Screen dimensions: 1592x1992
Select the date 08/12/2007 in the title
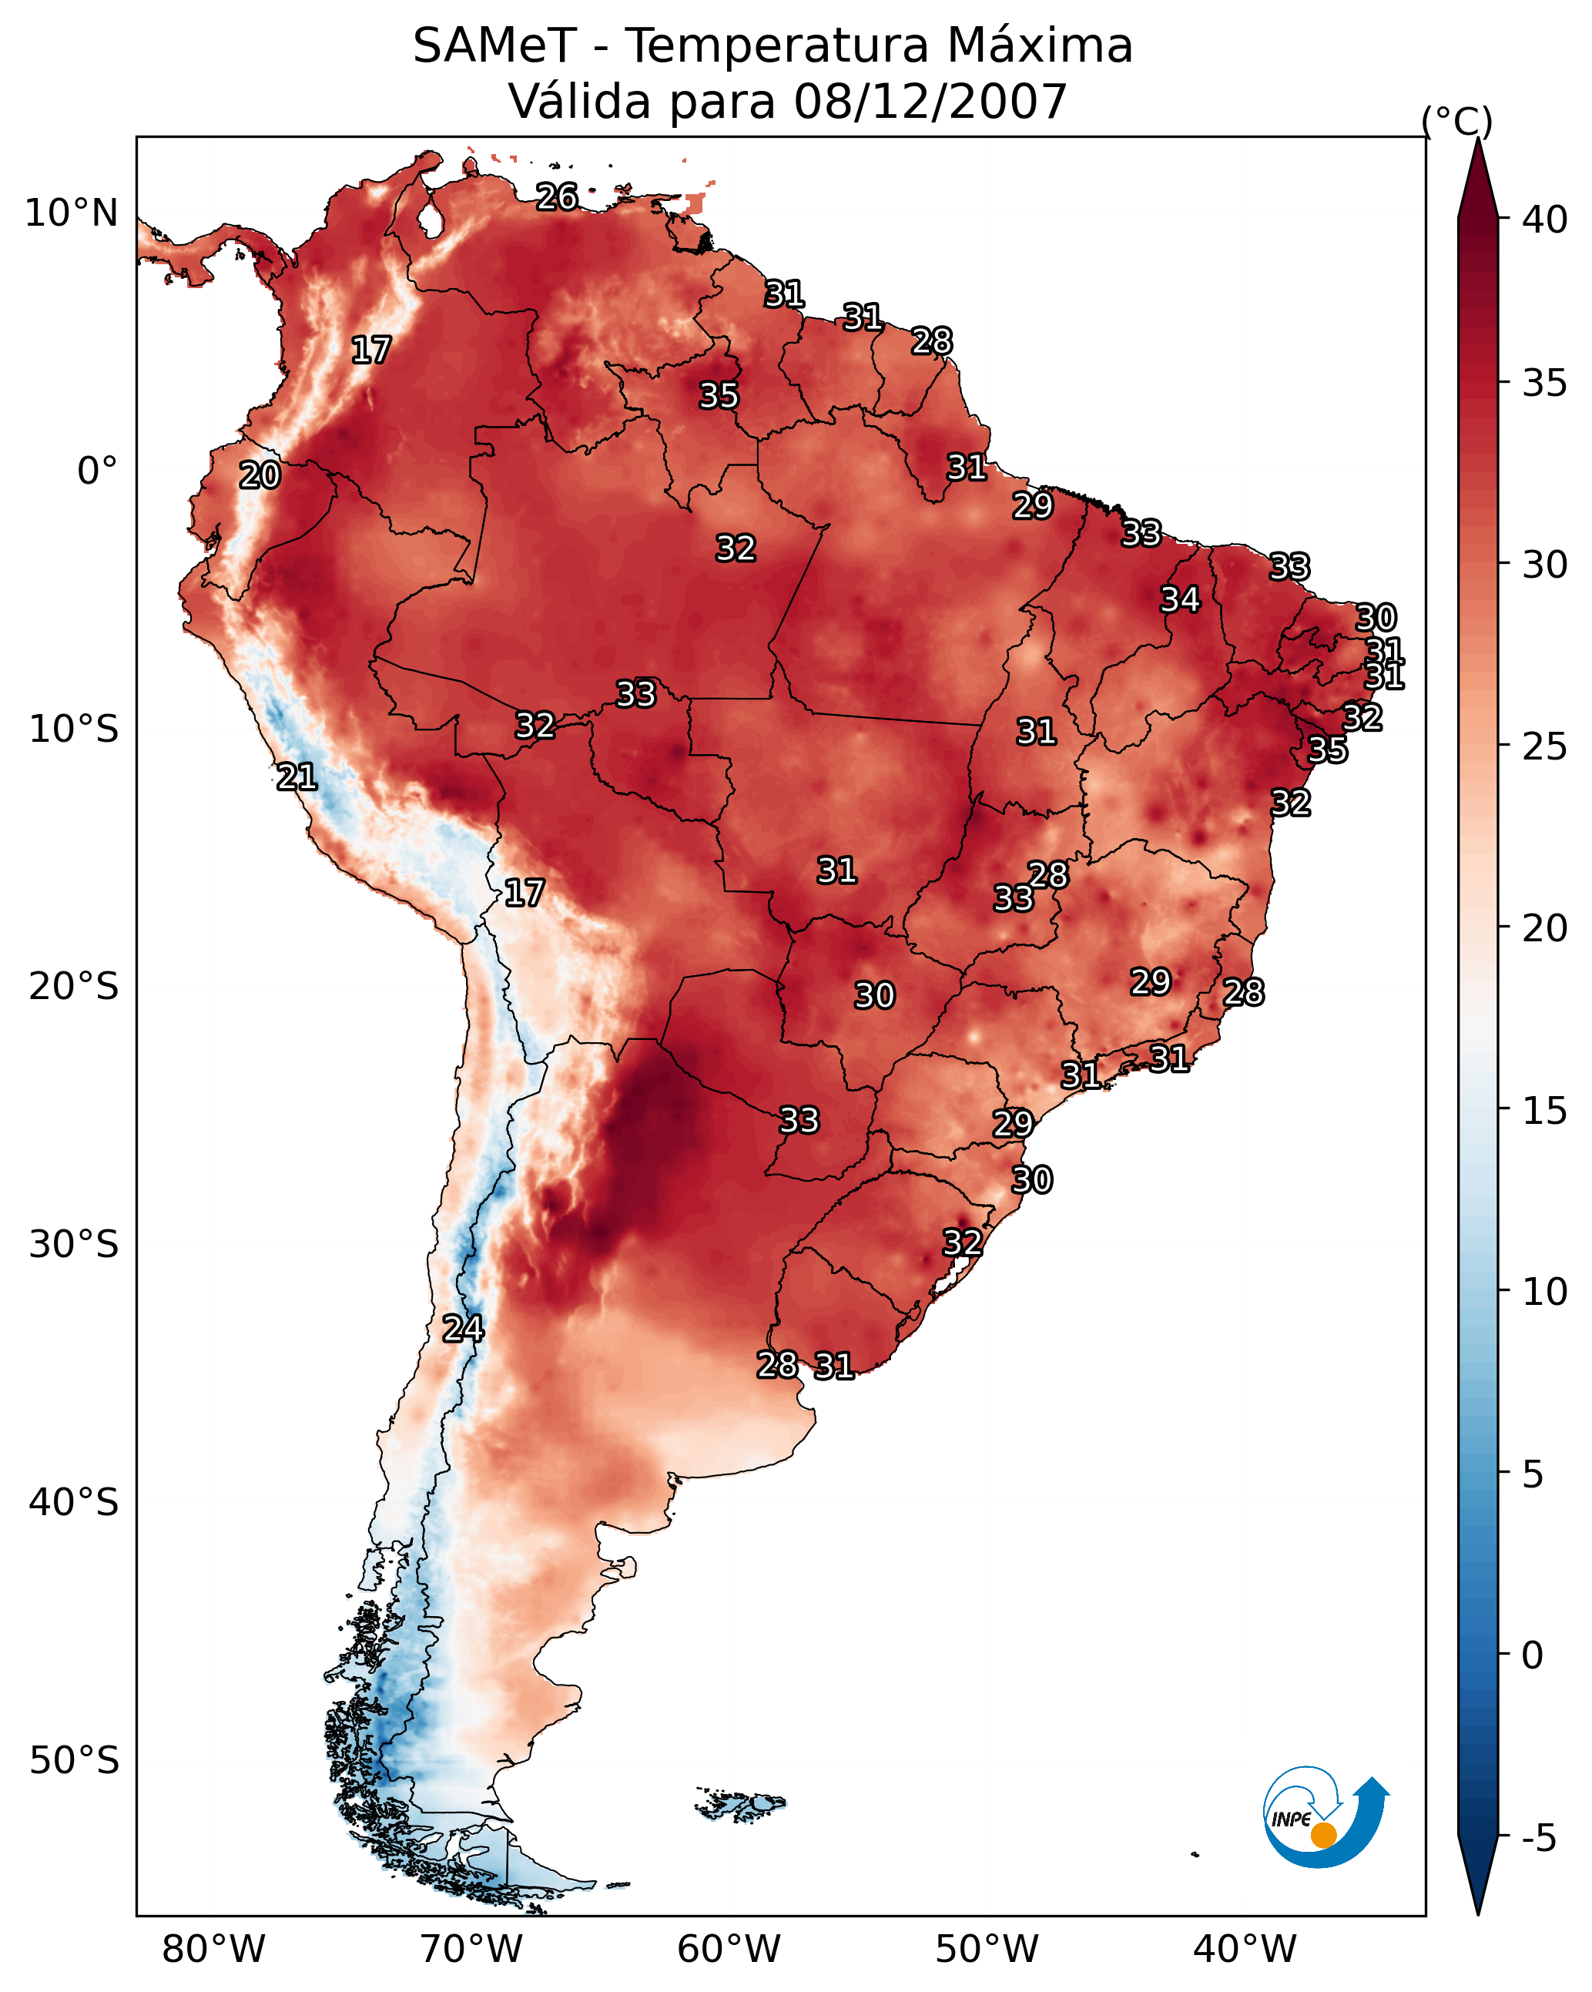click(x=930, y=102)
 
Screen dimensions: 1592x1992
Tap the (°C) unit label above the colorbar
click(x=1457, y=121)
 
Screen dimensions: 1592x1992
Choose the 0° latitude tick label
click(x=98, y=471)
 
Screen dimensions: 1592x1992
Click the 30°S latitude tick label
click(x=74, y=1245)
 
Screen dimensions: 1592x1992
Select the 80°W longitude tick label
click(x=213, y=1949)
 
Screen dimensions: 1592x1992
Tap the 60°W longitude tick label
click(x=729, y=1949)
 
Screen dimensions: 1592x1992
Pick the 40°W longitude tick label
click(x=1245, y=1949)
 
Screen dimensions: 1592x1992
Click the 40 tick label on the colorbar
click(x=1545, y=220)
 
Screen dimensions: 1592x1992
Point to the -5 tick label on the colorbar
click(x=1538, y=1839)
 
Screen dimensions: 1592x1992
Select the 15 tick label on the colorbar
click(x=1545, y=1111)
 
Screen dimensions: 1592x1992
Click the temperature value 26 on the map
click(x=557, y=196)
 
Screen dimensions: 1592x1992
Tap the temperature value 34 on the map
click(x=1180, y=599)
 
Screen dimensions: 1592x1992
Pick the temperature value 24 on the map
click(x=463, y=1329)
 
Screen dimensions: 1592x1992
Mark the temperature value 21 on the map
click(x=297, y=777)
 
